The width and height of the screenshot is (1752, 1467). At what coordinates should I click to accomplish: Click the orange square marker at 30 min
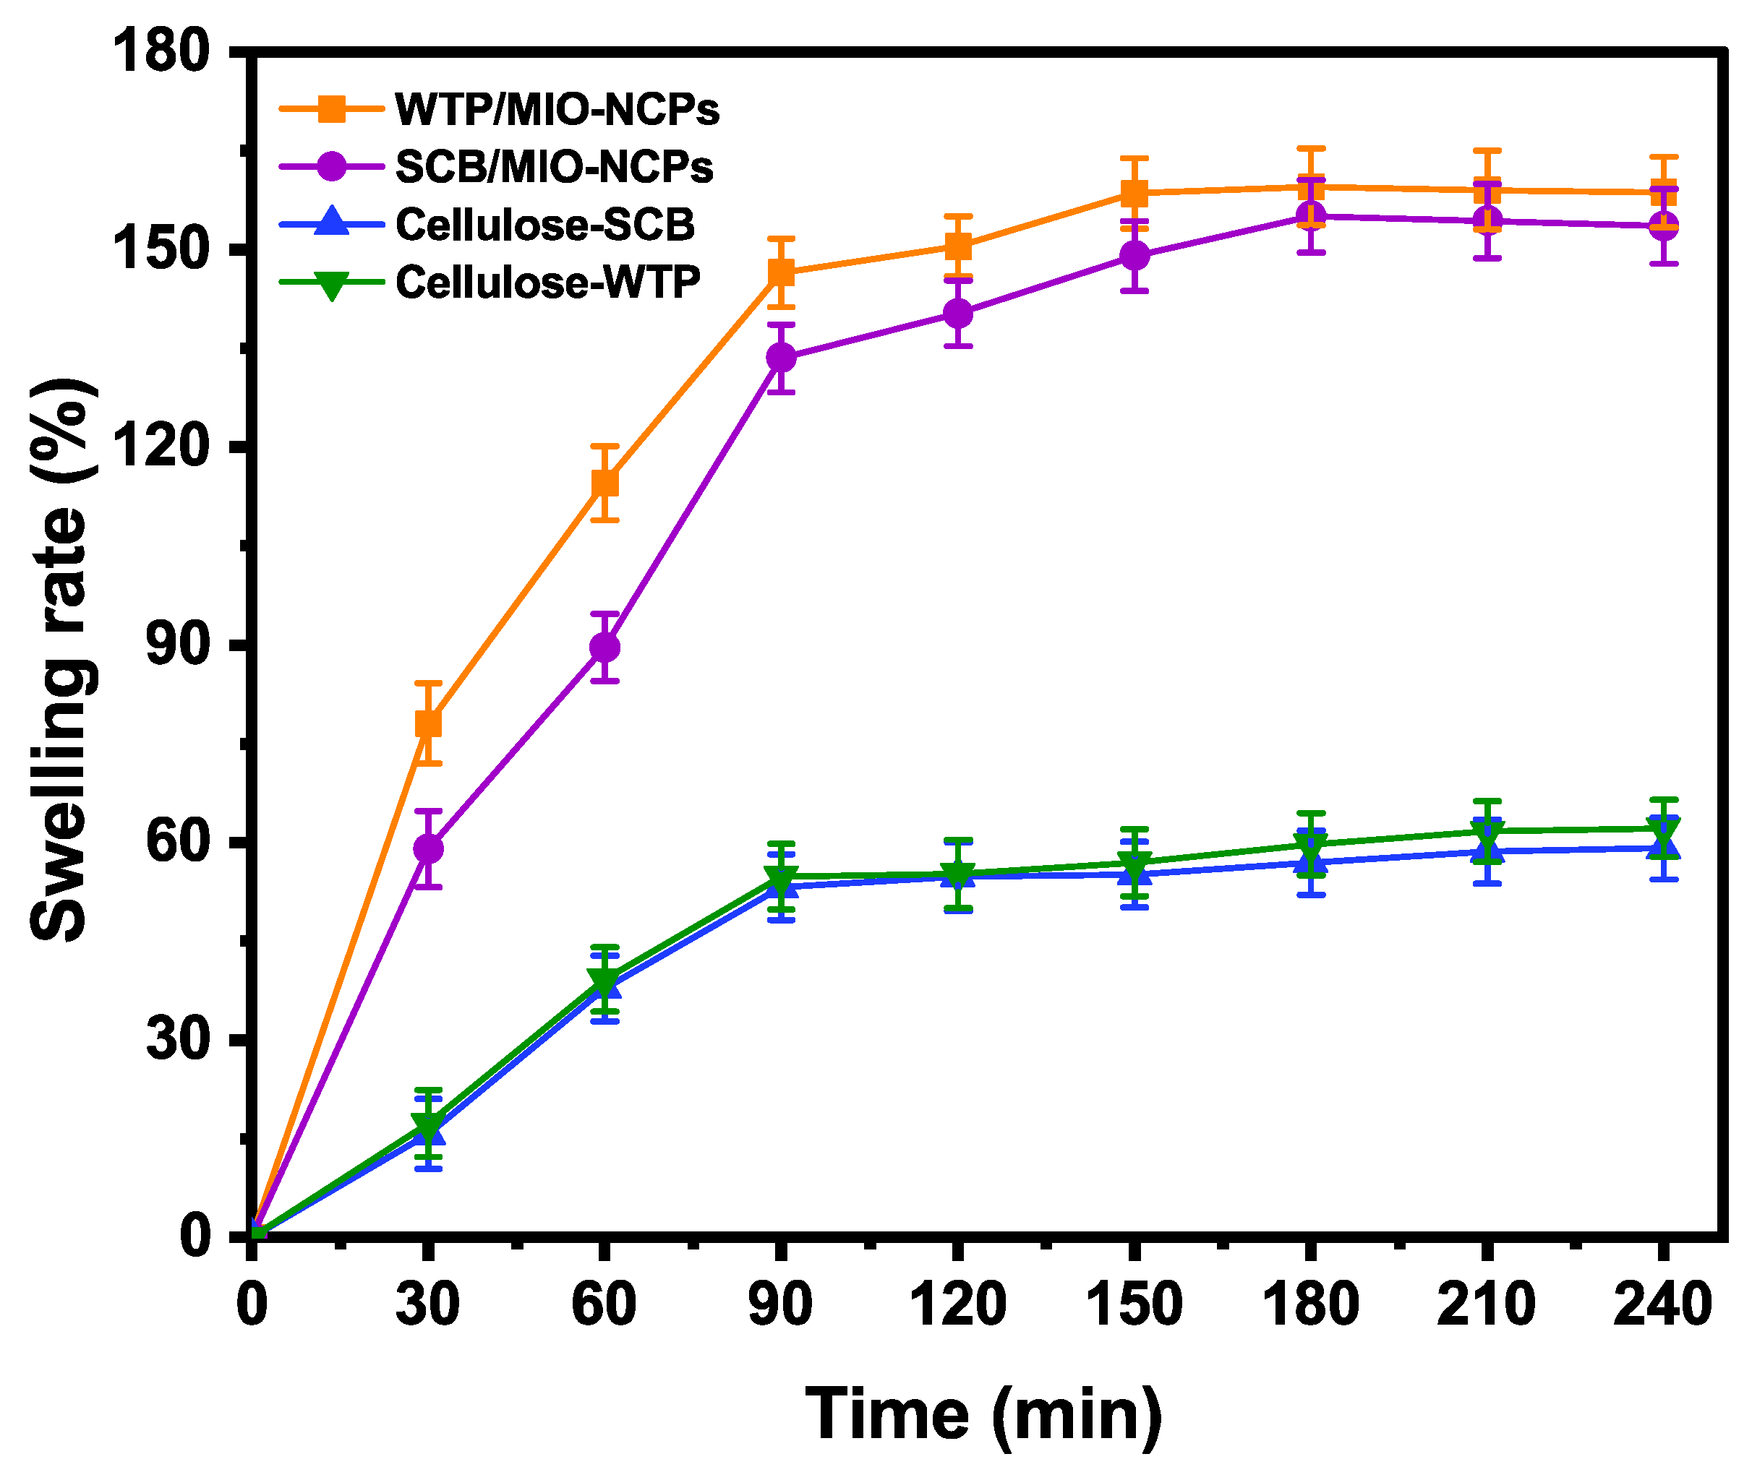[428, 723]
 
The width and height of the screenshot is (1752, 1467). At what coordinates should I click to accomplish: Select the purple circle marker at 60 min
[605, 648]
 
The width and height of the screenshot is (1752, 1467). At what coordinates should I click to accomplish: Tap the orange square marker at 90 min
[781, 272]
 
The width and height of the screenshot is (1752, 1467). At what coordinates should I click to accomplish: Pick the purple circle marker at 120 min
[958, 314]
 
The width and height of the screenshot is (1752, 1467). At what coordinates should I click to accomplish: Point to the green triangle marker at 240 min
[1664, 830]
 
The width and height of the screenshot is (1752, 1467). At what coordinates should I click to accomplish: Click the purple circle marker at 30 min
[428, 849]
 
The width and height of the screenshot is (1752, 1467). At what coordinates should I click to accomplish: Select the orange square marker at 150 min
[1134, 194]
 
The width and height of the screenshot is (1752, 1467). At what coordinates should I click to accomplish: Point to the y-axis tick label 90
[177, 644]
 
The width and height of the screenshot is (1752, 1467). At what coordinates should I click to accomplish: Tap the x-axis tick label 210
[1486, 1305]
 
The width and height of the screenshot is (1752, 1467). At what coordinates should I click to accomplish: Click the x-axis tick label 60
[604, 1305]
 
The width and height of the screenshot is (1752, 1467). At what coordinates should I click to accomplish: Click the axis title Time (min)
[983, 1414]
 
